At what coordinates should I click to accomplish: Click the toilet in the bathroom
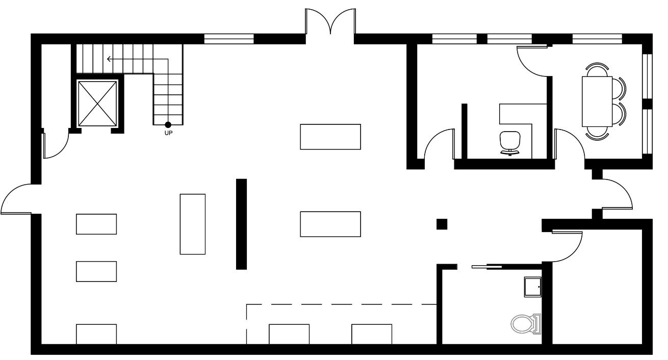click(x=525, y=324)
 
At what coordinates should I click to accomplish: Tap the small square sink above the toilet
click(x=533, y=287)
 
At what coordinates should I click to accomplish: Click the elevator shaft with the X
click(x=96, y=103)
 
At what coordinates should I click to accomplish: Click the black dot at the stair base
click(x=168, y=125)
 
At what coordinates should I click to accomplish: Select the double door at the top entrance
click(x=330, y=23)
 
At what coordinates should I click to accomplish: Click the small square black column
click(x=442, y=224)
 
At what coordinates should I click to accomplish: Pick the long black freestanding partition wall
click(x=241, y=224)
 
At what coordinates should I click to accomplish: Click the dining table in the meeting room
click(x=597, y=101)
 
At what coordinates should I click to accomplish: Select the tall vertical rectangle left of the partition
click(x=193, y=224)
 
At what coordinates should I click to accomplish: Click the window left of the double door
click(x=229, y=39)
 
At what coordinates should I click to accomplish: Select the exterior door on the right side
click(x=617, y=194)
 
